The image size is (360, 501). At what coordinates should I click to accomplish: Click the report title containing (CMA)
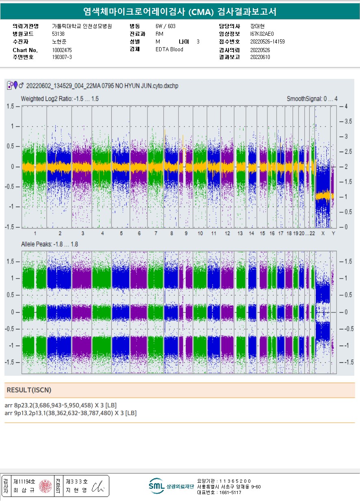click(180, 12)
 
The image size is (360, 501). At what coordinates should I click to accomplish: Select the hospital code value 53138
click(59, 34)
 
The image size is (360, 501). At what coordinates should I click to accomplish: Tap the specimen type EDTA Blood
click(169, 50)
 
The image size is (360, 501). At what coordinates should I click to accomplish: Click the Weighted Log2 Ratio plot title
click(60, 99)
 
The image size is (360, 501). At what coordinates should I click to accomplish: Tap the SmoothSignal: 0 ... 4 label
click(312, 99)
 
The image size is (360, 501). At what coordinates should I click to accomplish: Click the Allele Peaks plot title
click(49, 244)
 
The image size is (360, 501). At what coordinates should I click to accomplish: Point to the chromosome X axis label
click(323, 233)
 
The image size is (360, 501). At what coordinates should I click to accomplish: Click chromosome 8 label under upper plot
click(171, 233)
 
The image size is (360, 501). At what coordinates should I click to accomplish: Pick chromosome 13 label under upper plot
click(240, 233)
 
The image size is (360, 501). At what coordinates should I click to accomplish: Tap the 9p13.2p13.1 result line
click(70, 413)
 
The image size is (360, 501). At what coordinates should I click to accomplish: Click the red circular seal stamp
click(45, 486)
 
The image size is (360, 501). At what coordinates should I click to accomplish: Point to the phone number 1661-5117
click(230, 492)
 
